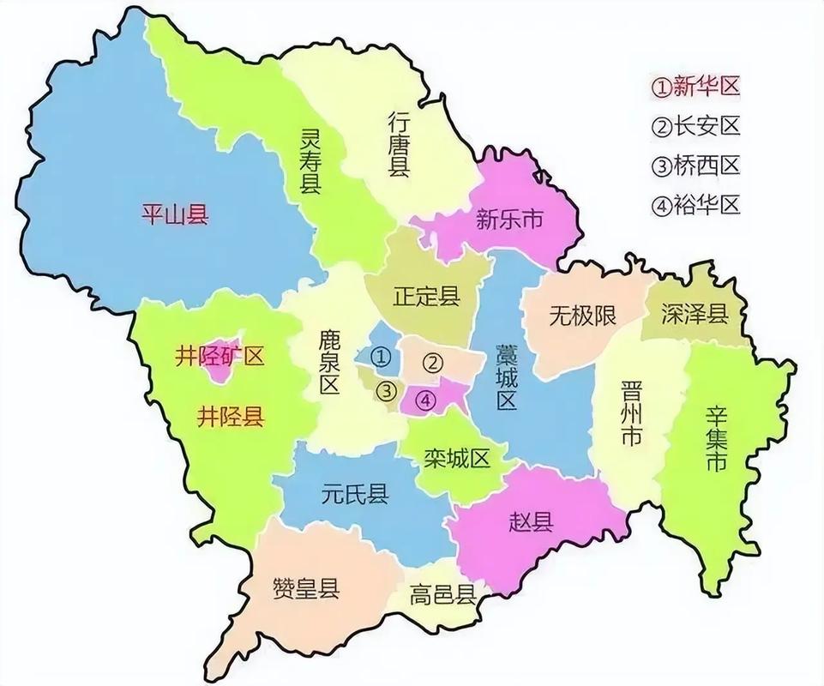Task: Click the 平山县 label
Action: (x=175, y=214)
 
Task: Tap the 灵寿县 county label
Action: (x=310, y=161)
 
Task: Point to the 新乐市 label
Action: (x=509, y=220)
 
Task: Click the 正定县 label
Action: (x=426, y=297)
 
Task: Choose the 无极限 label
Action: (x=582, y=316)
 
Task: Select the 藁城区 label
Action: (x=505, y=377)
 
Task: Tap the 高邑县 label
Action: (x=443, y=594)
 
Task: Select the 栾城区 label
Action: (x=456, y=458)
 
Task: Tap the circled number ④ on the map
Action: (x=426, y=400)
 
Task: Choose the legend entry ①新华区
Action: (x=695, y=86)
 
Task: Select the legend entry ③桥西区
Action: (x=695, y=165)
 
